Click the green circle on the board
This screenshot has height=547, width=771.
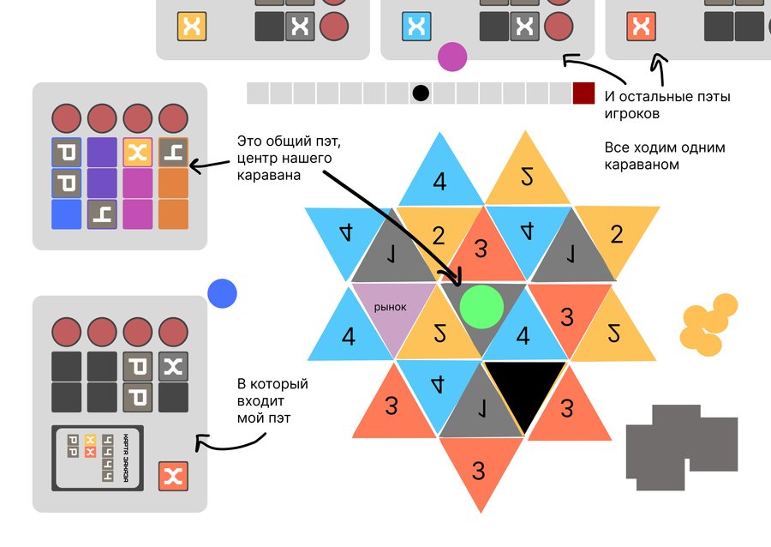click(481, 306)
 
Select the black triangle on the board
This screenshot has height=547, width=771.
click(524, 390)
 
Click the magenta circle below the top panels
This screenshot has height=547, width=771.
click(451, 57)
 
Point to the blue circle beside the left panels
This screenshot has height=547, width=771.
click(222, 294)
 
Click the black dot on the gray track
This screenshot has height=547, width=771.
click(420, 93)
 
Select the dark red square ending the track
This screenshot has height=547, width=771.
click(583, 93)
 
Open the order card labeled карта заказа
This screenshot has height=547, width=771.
click(96, 458)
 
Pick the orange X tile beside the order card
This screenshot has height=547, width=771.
click(173, 476)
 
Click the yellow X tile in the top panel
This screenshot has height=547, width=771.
click(190, 27)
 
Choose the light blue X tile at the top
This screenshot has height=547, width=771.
click(416, 27)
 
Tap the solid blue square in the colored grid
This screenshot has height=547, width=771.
click(65, 213)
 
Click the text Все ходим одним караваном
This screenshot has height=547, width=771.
click(653, 155)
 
